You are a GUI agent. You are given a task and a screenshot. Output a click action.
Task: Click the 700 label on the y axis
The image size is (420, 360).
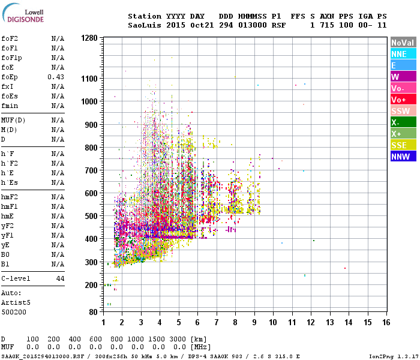click(91, 170)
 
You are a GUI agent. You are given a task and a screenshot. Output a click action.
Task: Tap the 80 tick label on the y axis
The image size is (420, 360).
click(93, 313)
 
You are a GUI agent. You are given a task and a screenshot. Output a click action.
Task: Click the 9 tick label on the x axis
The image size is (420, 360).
click(254, 323)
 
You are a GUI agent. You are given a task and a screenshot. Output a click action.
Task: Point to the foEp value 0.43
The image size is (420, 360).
click(56, 77)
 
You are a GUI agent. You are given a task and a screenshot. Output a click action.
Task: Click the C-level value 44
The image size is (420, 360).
click(60, 279)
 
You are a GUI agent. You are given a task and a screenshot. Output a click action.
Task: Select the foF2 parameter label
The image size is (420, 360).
click(9, 39)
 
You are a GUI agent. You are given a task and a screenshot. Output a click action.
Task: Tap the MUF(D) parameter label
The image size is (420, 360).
click(13, 121)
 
